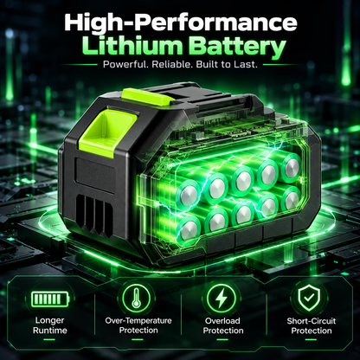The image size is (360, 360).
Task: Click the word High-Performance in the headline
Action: click(181, 23)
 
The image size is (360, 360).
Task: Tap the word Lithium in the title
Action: click(132, 46)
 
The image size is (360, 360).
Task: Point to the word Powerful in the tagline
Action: click(125, 64)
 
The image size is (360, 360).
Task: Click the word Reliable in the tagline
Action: click(172, 64)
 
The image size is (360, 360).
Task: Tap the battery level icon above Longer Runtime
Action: click(50, 299)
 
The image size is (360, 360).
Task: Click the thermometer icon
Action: click(136, 298)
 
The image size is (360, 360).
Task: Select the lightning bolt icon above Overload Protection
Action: click(222, 299)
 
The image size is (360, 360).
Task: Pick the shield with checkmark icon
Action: click(309, 298)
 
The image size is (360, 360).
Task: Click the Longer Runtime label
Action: click(50, 325)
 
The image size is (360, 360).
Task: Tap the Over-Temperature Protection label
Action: click(138, 325)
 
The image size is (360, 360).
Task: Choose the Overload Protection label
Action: click(223, 325)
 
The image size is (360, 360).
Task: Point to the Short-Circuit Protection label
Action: click(312, 325)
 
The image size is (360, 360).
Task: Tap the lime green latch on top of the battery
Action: click(148, 97)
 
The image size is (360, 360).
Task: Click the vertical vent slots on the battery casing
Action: click(95, 215)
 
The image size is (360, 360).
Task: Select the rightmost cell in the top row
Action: click(291, 168)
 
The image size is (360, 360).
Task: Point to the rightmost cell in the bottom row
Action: click(291, 200)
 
